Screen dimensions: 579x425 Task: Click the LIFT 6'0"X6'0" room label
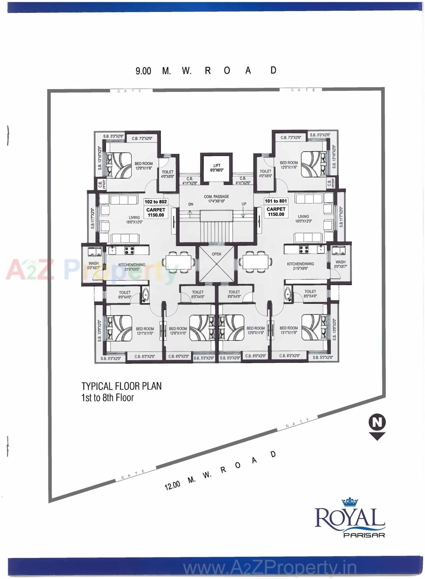click(216, 168)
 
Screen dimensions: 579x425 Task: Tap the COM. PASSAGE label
click(216, 199)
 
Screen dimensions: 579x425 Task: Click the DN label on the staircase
click(190, 205)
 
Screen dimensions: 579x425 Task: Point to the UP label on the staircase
click(244, 204)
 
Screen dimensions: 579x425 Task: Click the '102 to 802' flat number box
click(156, 201)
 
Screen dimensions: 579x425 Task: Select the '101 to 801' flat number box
click(276, 201)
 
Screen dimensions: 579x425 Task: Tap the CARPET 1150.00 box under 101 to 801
click(276, 212)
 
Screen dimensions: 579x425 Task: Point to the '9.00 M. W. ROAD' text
click(206, 71)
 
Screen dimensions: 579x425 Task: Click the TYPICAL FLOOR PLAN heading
click(121, 386)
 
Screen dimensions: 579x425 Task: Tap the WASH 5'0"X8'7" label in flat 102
click(93, 266)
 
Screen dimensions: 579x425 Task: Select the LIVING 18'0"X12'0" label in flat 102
click(134, 220)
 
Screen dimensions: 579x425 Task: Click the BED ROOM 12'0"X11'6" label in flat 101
click(289, 165)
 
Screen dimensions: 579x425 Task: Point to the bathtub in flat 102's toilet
click(145, 295)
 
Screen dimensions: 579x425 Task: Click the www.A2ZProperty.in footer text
click(270, 568)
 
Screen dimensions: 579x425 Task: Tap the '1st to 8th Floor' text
click(107, 398)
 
